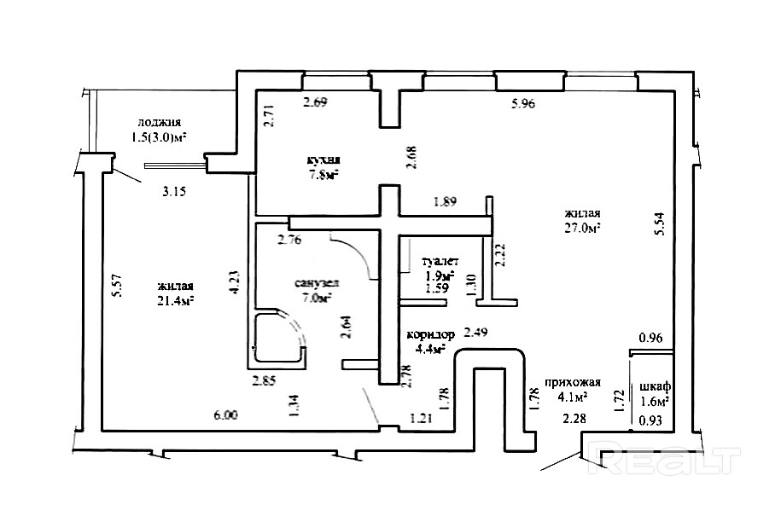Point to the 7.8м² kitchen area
[324, 175]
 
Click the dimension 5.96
[522, 105]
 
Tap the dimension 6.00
[225, 415]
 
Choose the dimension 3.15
[174, 191]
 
